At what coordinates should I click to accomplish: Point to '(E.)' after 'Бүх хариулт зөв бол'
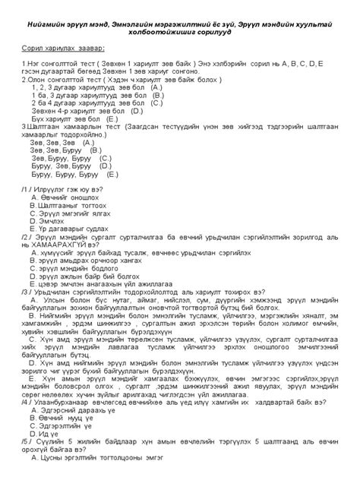[x=112, y=120]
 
